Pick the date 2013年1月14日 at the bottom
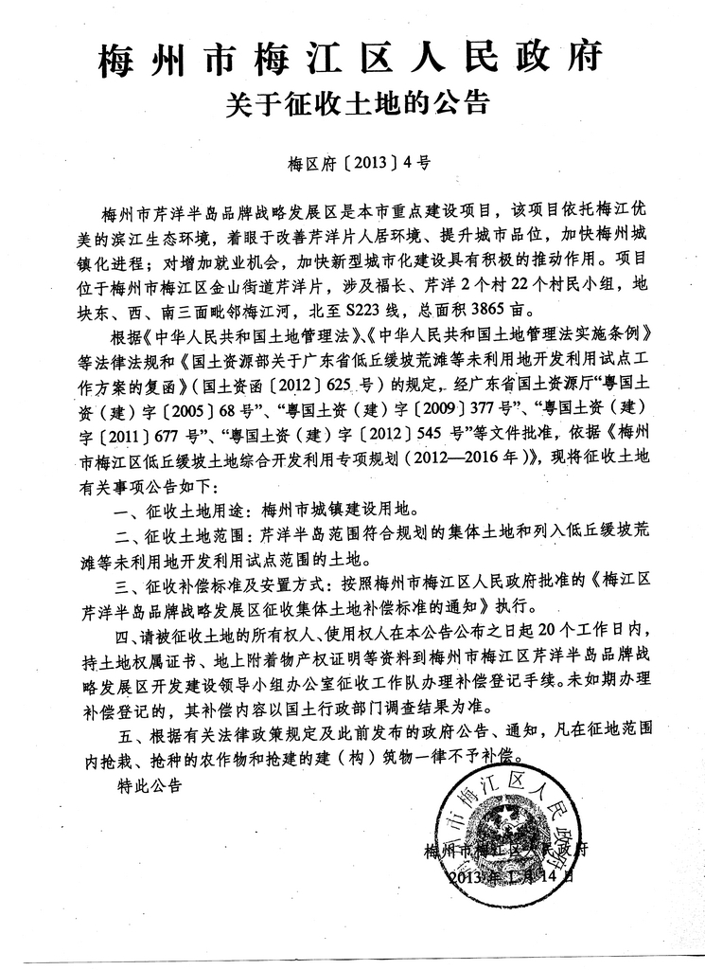pyautogui.click(x=511, y=876)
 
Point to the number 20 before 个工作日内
pyautogui.click(x=526, y=632)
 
